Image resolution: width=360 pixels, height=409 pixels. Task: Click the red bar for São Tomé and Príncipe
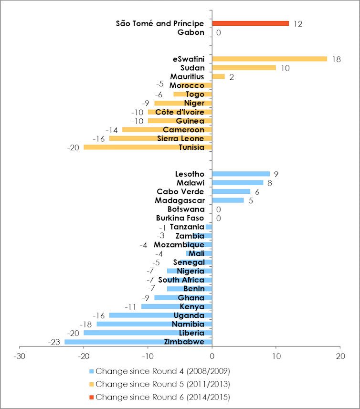(x=250, y=23)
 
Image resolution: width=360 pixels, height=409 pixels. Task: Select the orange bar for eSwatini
(x=269, y=59)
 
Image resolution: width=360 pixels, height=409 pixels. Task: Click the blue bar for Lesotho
(x=241, y=174)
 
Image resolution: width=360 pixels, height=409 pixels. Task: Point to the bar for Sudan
(x=244, y=68)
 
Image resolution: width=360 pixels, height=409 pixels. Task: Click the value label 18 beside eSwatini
(x=336, y=59)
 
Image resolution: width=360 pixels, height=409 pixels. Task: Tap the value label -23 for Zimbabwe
(x=54, y=342)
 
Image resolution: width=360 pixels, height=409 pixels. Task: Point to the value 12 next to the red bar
(x=298, y=23)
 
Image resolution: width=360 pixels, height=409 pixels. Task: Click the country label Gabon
(x=191, y=32)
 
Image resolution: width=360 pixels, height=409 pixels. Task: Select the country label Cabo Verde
(x=180, y=191)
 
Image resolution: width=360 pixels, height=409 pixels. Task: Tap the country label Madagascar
(x=180, y=200)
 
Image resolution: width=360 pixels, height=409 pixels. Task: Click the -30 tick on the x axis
(x=19, y=356)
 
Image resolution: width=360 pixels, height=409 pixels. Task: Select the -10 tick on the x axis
(x=148, y=356)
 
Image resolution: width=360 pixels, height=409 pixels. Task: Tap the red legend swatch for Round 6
(x=92, y=397)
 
